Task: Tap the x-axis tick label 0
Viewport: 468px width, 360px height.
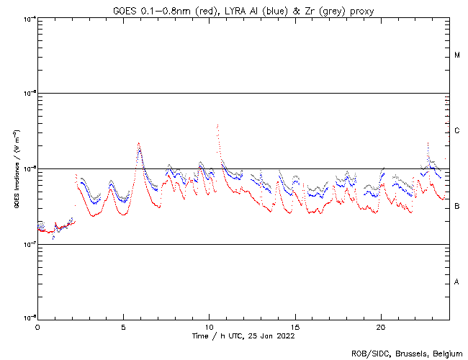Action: [x=37, y=326]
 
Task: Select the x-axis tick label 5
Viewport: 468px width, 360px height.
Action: [x=123, y=326]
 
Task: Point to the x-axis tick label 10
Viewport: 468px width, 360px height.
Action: [x=209, y=326]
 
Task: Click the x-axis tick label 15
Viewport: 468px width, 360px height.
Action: [x=295, y=326]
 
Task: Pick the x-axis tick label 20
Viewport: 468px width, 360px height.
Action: [x=381, y=326]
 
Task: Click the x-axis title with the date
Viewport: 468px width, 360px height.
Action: [x=243, y=336]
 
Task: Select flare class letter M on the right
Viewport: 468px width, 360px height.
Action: [x=457, y=55]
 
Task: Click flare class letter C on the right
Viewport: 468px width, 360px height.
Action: [x=457, y=131]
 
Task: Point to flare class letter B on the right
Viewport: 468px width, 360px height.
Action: [x=457, y=207]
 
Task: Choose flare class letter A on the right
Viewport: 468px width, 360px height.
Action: [x=457, y=282]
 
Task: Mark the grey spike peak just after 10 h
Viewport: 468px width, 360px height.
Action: [x=217, y=125]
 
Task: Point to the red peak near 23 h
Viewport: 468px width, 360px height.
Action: [x=428, y=143]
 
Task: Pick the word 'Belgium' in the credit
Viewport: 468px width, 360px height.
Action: [x=444, y=353]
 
